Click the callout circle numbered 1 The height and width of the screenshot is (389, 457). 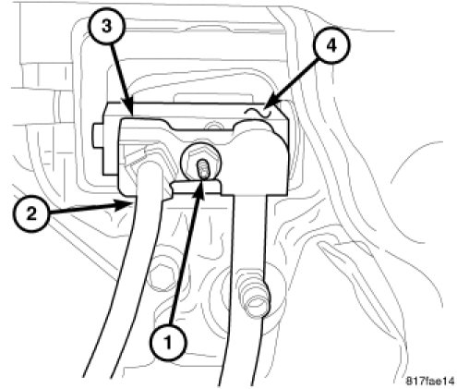point(168,342)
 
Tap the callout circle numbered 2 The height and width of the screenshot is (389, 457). point(31,213)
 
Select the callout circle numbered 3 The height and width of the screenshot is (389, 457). point(106,27)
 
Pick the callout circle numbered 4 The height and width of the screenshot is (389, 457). point(331,46)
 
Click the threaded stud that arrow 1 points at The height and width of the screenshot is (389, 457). point(203,169)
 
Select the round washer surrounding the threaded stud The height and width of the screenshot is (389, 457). point(200,161)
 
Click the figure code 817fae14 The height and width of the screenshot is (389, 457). point(430,381)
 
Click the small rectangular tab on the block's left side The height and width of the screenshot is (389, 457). point(97,136)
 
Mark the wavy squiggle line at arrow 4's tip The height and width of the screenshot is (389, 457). point(258,113)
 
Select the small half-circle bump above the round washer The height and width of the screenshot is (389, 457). point(213,127)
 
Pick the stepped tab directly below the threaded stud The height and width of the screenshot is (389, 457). point(196,188)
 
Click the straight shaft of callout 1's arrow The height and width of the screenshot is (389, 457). point(184,261)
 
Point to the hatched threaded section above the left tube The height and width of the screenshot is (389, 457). point(137,159)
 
